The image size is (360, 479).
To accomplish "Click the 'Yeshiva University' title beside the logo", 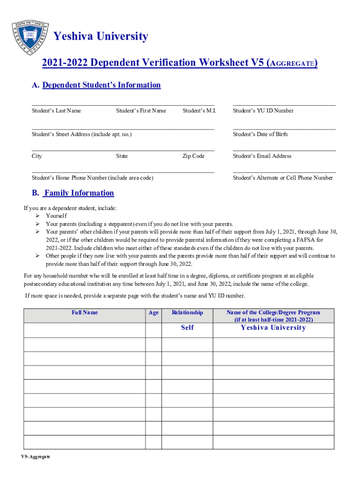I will click(x=101, y=36).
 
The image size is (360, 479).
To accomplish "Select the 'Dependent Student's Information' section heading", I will click(x=101, y=85).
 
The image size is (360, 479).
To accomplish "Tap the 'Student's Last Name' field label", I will click(x=56, y=111).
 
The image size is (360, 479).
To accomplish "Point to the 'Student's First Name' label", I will click(x=141, y=111).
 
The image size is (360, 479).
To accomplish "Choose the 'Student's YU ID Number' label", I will click(x=263, y=111).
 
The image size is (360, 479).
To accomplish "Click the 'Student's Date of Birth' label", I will click(x=260, y=134).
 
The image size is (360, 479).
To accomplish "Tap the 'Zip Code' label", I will click(x=193, y=156).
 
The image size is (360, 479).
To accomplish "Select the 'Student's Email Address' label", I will click(x=262, y=156).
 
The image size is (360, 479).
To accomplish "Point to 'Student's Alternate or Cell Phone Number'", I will click(x=283, y=178).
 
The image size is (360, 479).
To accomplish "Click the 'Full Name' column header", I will click(x=85, y=312).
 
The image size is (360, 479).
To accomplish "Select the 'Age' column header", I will click(x=153, y=313).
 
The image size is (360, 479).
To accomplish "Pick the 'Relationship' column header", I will click(x=187, y=312).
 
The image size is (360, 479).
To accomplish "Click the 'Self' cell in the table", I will click(x=187, y=328).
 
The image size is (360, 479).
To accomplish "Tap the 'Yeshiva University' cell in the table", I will click(x=273, y=328).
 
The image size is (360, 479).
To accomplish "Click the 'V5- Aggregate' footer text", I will click(x=35, y=457).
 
